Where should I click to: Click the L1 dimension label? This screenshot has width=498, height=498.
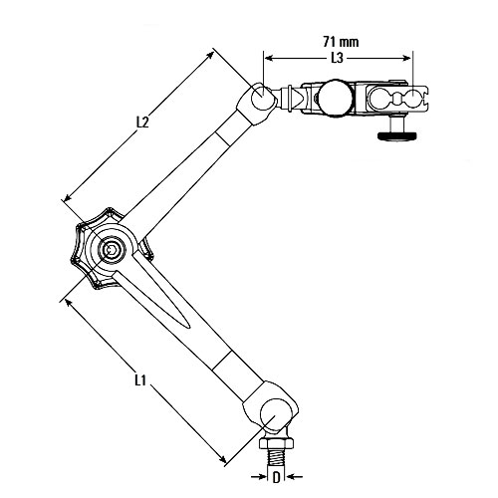click(x=140, y=380)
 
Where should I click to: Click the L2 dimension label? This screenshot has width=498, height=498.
click(x=142, y=123)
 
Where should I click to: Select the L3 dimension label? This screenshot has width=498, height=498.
click(x=337, y=58)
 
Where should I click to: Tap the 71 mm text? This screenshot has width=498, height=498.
click(x=341, y=42)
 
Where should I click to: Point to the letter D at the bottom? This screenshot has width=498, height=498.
click(x=276, y=477)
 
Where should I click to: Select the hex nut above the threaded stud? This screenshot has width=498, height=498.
click(x=276, y=443)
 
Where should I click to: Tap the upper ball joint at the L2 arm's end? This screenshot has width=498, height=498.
click(x=262, y=96)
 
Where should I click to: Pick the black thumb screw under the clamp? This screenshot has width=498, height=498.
click(x=396, y=135)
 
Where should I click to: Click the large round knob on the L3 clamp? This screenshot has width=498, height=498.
click(x=335, y=98)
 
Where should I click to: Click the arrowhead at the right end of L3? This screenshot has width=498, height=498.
click(x=406, y=58)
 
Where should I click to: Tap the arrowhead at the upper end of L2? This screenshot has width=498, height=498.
click(x=210, y=55)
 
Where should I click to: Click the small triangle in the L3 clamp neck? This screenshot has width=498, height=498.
click(x=298, y=99)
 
